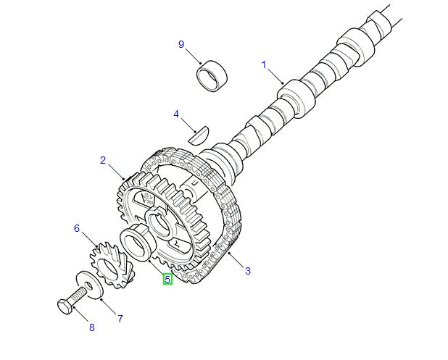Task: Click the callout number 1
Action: tap(263, 64)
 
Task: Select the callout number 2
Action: tap(103, 160)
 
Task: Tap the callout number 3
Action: tap(248, 271)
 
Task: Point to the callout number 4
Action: tap(175, 114)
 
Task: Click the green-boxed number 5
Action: tap(167, 277)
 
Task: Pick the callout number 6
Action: tap(76, 229)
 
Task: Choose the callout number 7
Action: tap(119, 318)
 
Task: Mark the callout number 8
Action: tap(91, 328)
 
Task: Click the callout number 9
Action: tap(181, 45)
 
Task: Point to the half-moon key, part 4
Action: tap(198, 133)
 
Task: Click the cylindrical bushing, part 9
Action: tap(212, 75)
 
